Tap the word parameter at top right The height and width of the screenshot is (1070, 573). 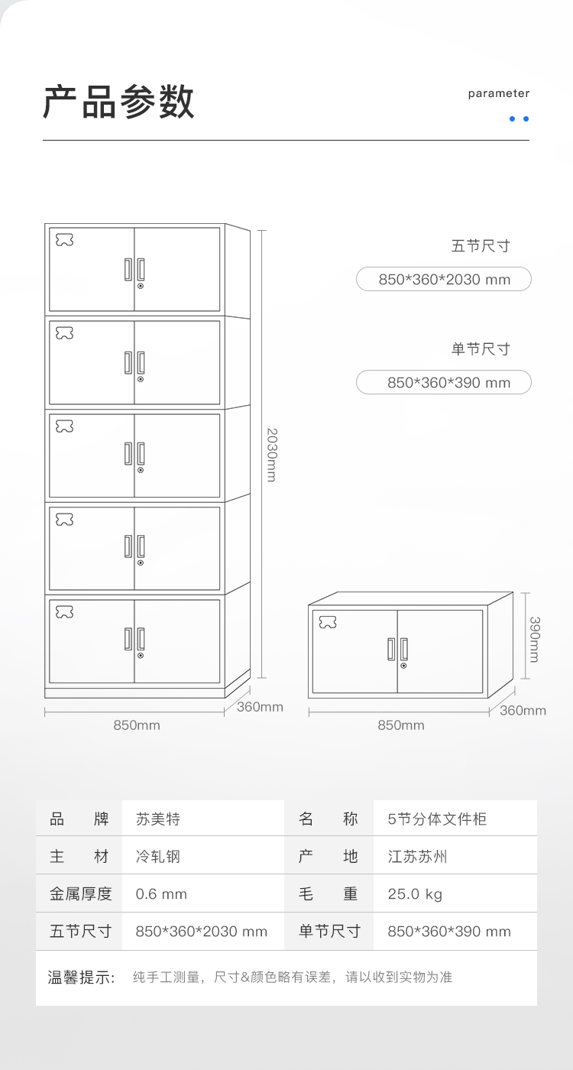tap(498, 93)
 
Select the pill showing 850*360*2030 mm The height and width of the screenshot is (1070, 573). tap(444, 279)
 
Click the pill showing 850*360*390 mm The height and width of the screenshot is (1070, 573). tap(444, 382)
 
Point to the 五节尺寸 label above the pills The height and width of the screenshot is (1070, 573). tap(481, 246)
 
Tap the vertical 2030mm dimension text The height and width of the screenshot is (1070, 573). tap(271, 455)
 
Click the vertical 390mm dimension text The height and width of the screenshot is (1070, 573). tap(534, 639)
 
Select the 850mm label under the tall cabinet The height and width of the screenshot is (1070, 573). tap(137, 725)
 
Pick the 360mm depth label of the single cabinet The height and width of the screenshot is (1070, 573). tap(523, 710)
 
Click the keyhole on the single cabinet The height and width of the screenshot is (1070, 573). tap(403, 666)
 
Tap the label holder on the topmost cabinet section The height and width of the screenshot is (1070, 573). tap(64, 239)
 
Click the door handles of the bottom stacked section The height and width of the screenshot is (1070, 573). tap(134, 639)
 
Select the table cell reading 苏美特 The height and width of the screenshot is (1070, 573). tap(158, 819)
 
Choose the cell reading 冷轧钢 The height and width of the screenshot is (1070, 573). tap(158, 857)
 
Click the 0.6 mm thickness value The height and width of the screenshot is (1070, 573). tap(161, 893)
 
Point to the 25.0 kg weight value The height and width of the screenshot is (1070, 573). tap(415, 893)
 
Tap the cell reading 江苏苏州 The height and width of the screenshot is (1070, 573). tap(417, 857)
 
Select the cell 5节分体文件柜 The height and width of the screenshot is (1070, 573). tap(437, 819)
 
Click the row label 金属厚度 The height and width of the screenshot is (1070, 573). tap(81, 893)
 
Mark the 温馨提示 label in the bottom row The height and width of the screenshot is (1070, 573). tap(81, 977)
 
